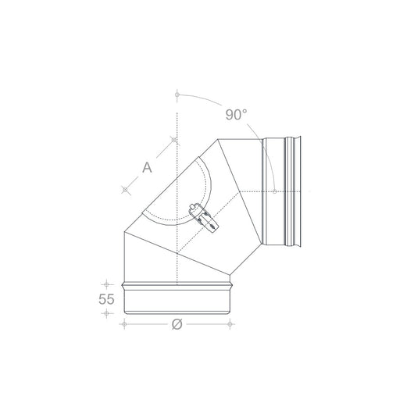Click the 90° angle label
[x=237, y=115]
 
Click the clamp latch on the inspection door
[x=204, y=217]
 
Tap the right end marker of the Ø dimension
[x=233, y=322]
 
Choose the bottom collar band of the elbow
[x=177, y=298]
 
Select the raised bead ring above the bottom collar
[x=177, y=283]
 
